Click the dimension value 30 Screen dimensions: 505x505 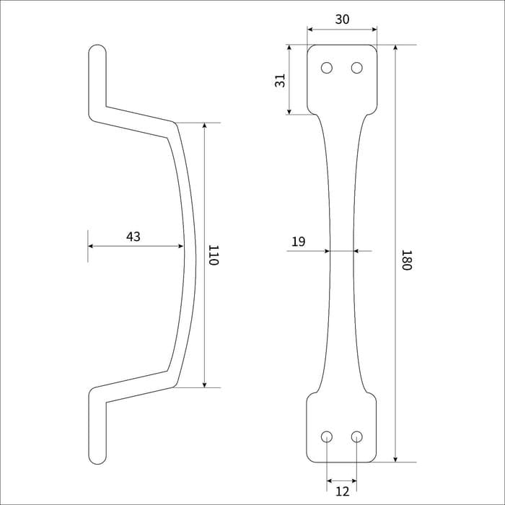click(342, 19)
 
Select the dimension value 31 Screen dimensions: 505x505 click(280, 81)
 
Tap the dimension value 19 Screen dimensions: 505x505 click(298, 242)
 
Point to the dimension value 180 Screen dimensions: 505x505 click(406, 260)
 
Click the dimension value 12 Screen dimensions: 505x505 click(342, 492)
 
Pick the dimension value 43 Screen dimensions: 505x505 click(133, 237)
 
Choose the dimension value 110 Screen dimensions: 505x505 click(214, 255)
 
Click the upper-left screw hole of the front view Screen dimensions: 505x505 click(327, 68)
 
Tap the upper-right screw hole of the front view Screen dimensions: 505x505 click(357, 68)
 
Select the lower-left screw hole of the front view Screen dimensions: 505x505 click(327, 436)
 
